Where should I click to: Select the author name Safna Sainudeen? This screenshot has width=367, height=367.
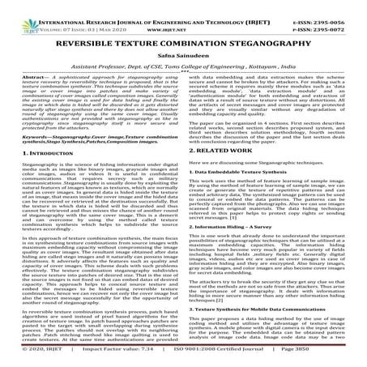pyautogui.click(x=183, y=49)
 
